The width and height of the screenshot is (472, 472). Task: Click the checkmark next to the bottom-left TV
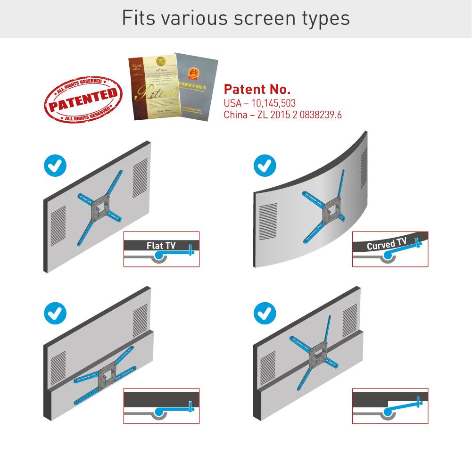55,313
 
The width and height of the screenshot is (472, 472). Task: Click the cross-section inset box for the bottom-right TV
390,406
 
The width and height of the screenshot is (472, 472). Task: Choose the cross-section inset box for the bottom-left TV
161,406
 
